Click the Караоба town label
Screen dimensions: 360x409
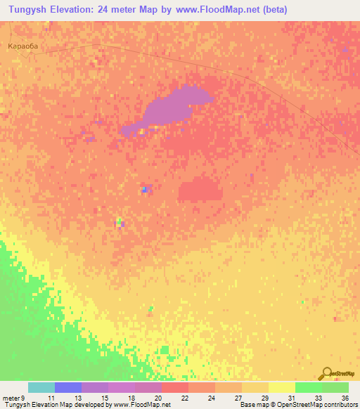21,46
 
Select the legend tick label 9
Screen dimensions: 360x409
22,398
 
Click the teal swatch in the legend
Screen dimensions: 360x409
41,387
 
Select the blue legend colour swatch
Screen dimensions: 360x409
68,387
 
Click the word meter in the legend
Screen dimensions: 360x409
11,398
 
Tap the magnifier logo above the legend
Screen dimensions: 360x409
326,373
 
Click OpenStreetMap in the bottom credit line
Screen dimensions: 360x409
299,405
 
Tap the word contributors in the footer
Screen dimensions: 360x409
340,405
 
